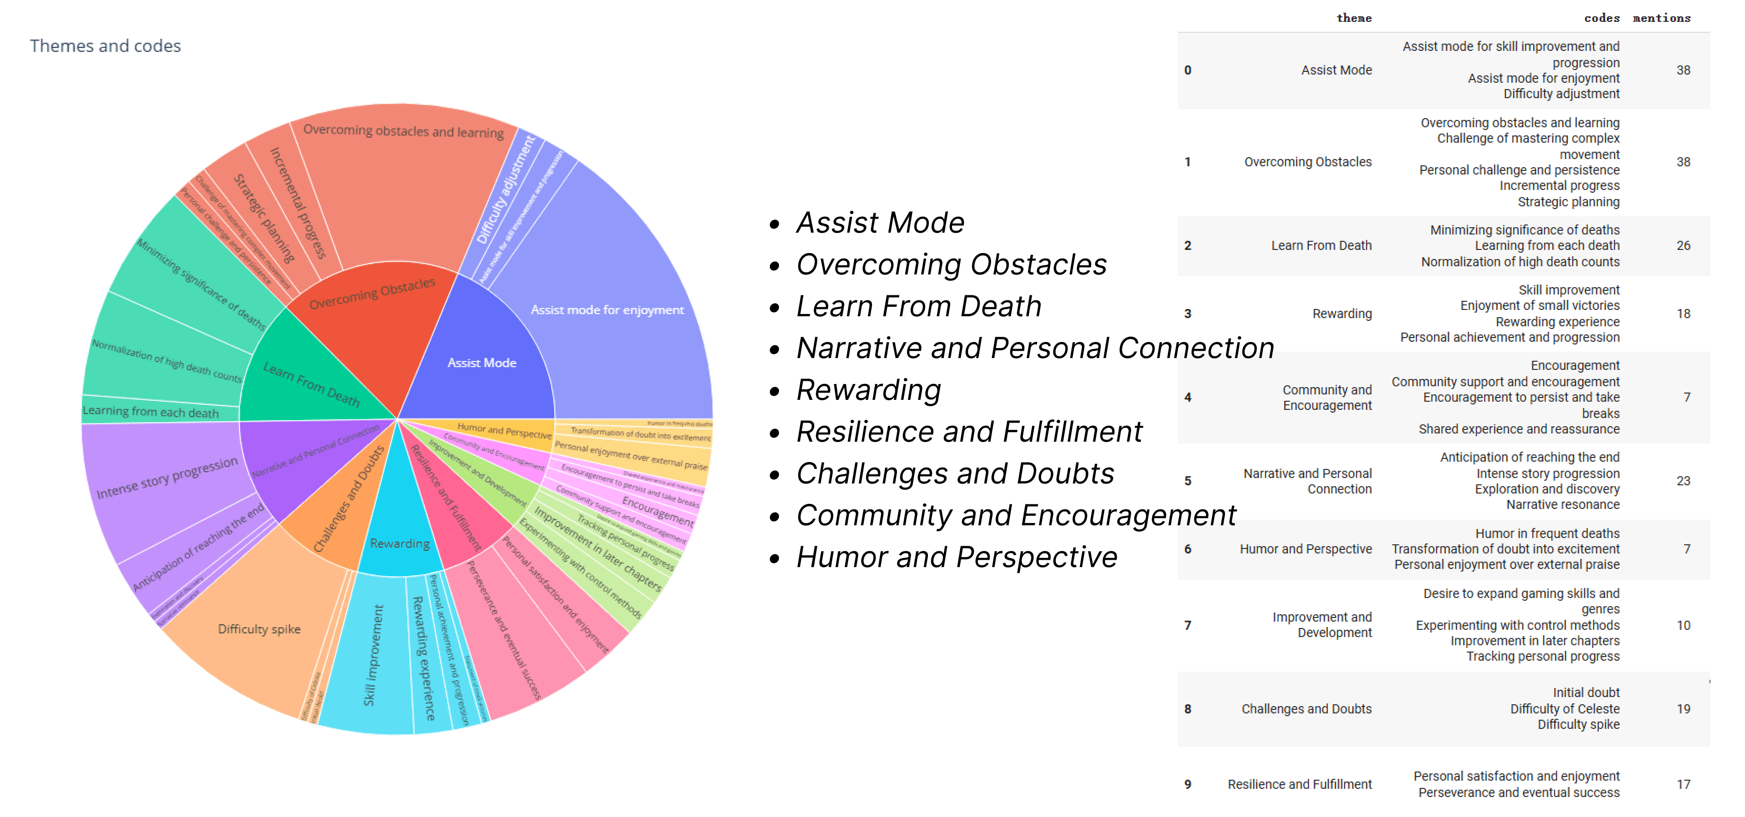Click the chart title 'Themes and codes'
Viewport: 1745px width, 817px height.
[105, 45]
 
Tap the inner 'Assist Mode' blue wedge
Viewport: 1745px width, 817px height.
[482, 363]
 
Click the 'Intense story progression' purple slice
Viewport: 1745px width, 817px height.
[167, 478]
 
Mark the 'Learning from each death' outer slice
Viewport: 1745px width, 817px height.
[150, 412]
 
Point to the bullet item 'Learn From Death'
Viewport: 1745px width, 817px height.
[918, 306]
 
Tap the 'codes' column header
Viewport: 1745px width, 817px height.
[1601, 18]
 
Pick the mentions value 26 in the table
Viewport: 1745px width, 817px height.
[1683, 245]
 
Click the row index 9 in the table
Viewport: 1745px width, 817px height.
[1187, 784]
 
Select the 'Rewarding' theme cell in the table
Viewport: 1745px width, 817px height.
[1341, 314]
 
